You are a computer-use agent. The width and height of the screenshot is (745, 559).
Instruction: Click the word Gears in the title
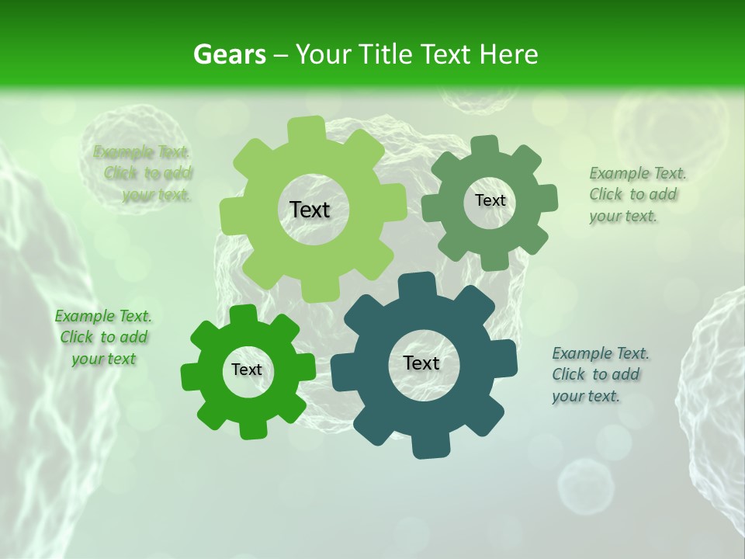230,55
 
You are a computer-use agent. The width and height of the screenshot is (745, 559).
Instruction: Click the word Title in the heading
386,55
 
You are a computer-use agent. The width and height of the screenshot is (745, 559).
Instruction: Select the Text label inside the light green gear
310,210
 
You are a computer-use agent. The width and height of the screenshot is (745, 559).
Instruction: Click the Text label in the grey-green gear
490,200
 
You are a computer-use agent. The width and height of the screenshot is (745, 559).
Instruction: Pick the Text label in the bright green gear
247,370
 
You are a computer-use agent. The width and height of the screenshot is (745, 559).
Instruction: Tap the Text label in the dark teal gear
421,363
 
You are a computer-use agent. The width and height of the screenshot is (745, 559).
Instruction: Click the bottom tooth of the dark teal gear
425,446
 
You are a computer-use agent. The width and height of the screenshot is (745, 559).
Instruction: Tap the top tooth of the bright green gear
244,314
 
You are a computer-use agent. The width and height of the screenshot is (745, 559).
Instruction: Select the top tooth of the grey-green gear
484,145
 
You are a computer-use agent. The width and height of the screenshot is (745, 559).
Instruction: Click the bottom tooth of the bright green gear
251,428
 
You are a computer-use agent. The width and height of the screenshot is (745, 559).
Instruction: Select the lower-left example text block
103,337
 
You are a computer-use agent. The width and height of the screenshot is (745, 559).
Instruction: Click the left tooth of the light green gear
231,216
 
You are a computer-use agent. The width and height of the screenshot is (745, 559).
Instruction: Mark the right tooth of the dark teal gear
505,359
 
